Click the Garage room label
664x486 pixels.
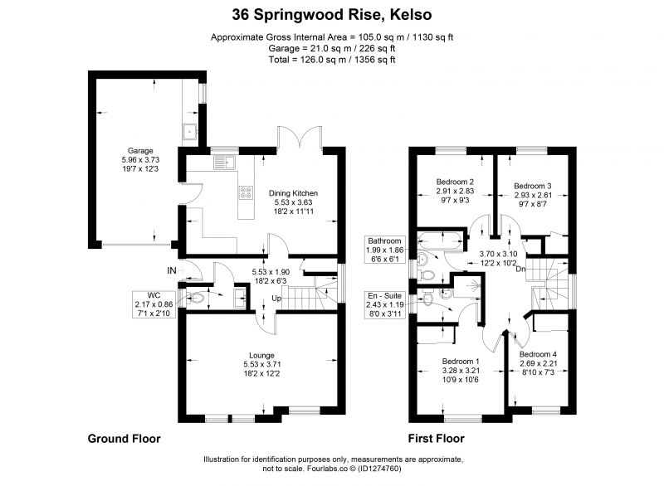(x=140, y=151)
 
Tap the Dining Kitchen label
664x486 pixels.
(x=293, y=193)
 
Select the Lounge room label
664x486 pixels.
(x=261, y=355)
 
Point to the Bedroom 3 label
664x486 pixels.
(x=533, y=186)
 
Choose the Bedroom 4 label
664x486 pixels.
(x=538, y=354)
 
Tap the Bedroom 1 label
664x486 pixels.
(x=461, y=362)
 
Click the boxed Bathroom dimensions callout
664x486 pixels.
(x=384, y=250)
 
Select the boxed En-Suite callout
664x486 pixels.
(x=384, y=304)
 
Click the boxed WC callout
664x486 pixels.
(x=154, y=304)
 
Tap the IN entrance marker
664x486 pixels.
(x=172, y=270)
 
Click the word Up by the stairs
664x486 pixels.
(x=276, y=299)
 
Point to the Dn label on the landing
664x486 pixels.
(x=521, y=269)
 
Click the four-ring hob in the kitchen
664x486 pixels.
(x=246, y=192)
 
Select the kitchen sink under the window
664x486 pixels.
(x=224, y=163)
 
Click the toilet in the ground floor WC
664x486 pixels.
(x=195, y=299)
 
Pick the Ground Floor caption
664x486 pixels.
(x=124, y=439)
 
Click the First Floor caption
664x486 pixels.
(x=437, y=439)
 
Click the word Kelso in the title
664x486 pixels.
(x=410, y=15)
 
